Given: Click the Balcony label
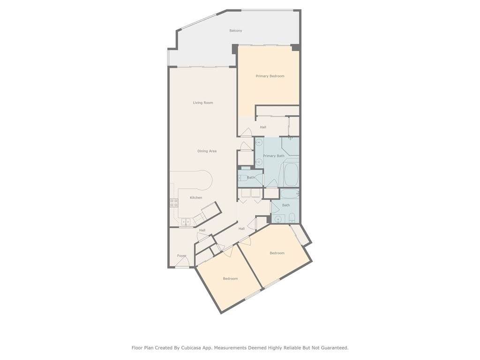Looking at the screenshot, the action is (x=236, y=30).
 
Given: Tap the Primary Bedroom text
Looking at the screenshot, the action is (x=270, y=76).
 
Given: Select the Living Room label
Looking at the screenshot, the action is (x=203, y=103).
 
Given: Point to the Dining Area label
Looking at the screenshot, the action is (x=207, y=151).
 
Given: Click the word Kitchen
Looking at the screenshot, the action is (x=196, y=197).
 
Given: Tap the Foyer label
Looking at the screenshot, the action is (x=181, y=255).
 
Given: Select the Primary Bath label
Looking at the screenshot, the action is (x=274, y=156).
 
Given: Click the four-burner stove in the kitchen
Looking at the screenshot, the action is (x=174, y=202).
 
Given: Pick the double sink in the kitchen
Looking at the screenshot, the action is (x=186, y=222).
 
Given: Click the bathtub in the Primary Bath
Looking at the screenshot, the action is (x=291, y=174).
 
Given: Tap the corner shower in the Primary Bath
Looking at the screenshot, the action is (x=290, y=146).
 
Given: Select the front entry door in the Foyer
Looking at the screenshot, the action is (x=181, y=262).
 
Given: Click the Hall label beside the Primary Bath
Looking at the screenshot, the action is (x=263, y=127).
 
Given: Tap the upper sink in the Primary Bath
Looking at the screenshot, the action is (x=259, y=142).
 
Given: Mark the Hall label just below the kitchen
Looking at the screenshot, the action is (x=202, y=230).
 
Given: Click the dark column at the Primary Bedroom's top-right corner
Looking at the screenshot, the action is (x=295, y=47).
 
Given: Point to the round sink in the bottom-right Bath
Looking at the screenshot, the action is (x=278, y=219).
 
